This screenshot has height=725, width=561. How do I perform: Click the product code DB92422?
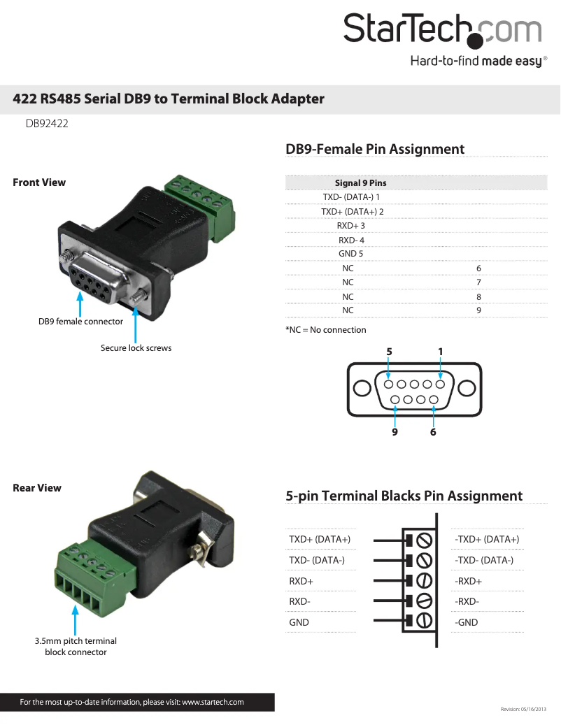pos(47,124)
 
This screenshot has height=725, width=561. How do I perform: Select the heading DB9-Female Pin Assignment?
pos(375,149)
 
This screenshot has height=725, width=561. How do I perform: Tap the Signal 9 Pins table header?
pos(360,183)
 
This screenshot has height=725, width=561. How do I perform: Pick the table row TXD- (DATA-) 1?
pos(351,197)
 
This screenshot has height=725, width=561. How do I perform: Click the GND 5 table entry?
pos(351,254)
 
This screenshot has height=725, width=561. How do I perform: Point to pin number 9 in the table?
pos(478,310)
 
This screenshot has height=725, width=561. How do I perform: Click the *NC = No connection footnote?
pos(326,330)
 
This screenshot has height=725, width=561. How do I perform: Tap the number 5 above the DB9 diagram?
pos(389,351)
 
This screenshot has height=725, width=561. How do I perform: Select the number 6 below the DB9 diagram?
pos(433,432)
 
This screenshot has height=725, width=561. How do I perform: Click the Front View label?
pos(39,182)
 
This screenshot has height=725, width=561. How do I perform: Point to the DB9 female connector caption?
pos(80,322)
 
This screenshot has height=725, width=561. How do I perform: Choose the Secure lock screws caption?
pos(136,347)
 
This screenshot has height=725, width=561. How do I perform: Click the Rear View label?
pos(37,488)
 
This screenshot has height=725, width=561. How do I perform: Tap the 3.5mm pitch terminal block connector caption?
pos(76,647)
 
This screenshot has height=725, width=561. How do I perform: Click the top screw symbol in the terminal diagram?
pos(423,540)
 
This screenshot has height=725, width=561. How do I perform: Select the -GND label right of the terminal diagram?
pos(467,622)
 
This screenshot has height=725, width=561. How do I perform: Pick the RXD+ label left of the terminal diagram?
pos(301,581)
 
